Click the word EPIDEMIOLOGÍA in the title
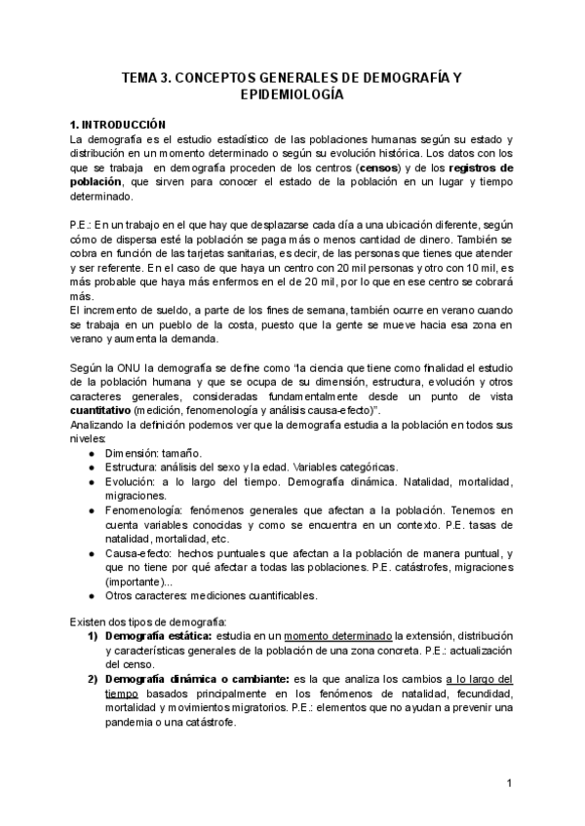pos(292,95)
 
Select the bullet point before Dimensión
pos(91,454)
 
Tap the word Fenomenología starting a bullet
pos(143,509)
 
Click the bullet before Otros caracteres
pos(91,595)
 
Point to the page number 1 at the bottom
pos(510,783)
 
